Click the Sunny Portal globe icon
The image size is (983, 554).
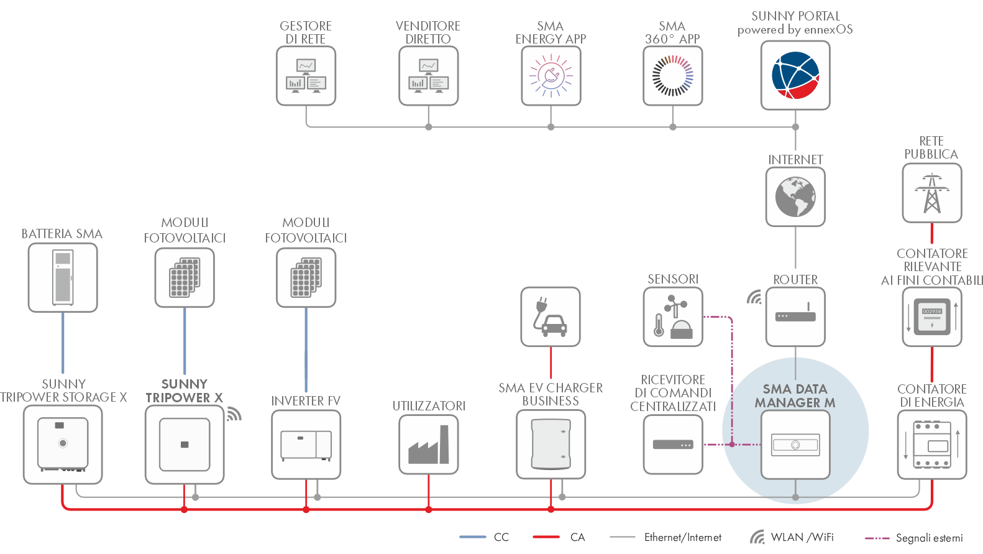tap(795, 75)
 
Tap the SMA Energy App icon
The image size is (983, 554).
tap(551, 76)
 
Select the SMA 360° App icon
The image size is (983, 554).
tap(672, 76)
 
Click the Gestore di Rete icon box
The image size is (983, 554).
tap(306, 76)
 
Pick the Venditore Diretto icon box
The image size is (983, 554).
tap(428, 76)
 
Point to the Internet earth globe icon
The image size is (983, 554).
tap(795, 196)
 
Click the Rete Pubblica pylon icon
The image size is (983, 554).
tap(931, 193)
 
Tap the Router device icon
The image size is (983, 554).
tap(795, 316)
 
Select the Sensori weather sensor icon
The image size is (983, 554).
tap(673, 316)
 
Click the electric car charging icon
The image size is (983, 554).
tap(551, 316)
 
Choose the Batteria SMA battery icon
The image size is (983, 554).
tap(63, 277)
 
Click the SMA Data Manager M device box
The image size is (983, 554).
tap(795, 445)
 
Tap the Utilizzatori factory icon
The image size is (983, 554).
tap(429, 445)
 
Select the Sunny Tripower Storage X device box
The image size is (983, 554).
tap(63, 445)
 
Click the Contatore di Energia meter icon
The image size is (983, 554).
tap(931, 445)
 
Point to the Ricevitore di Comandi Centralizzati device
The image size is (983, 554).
tap(673, 445)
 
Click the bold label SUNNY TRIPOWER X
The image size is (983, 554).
tap(184, 391)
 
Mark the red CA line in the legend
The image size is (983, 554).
tap(546, 537)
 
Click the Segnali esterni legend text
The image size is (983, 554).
tap(929, 538)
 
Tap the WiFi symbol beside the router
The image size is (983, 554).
tap(754, 297)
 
